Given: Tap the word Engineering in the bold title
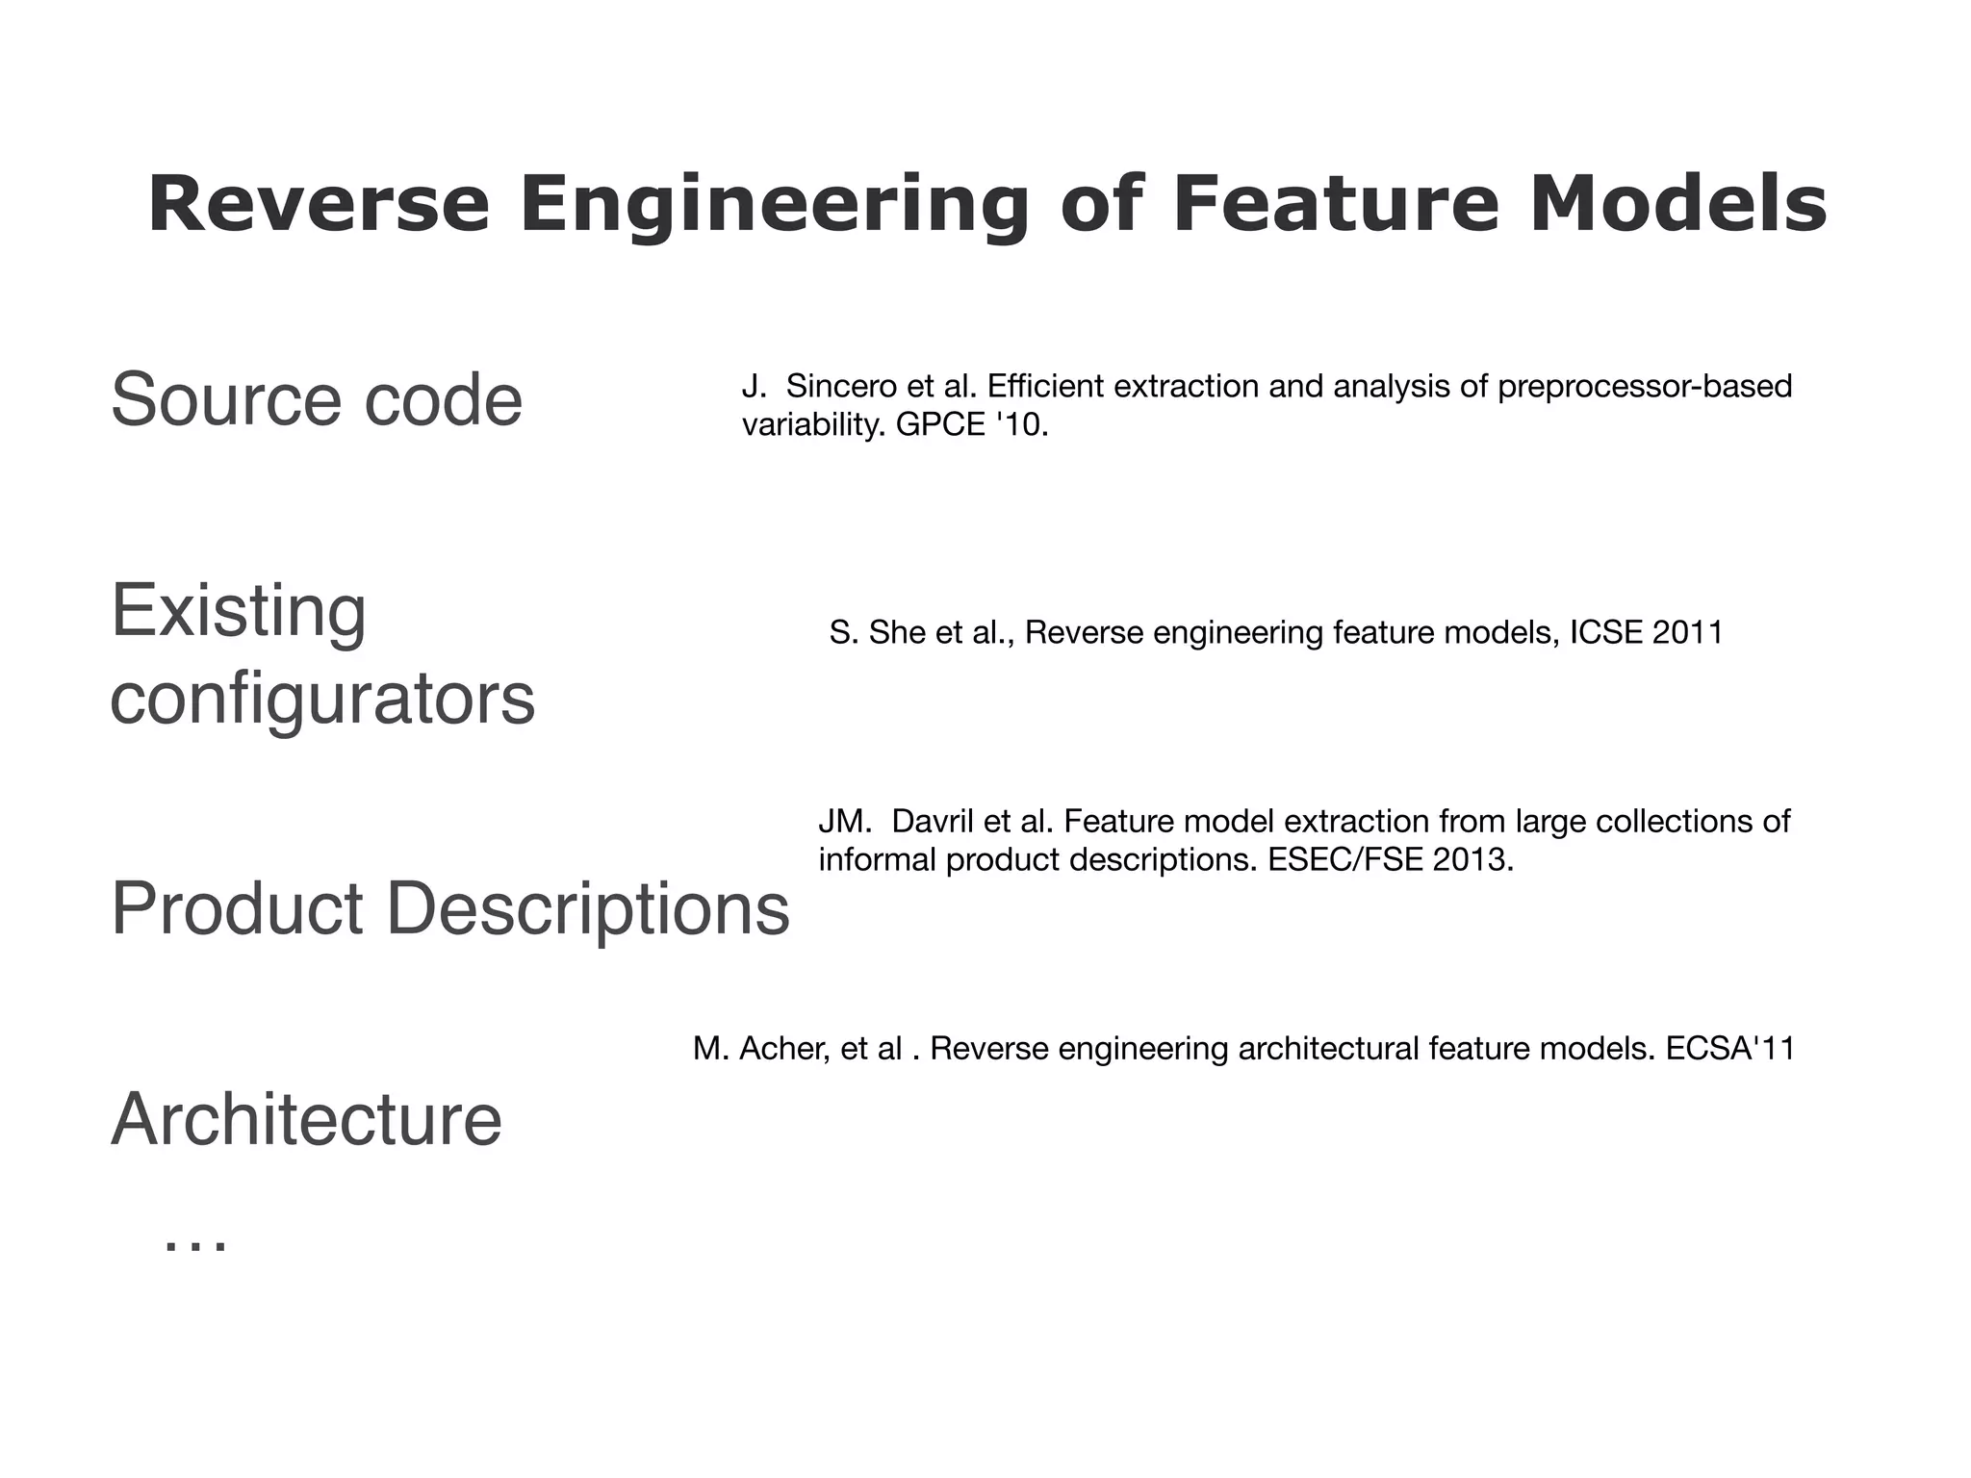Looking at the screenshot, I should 775,207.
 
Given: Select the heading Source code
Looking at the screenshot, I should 317,399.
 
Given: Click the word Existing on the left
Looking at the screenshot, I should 239,611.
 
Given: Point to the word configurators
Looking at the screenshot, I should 322,700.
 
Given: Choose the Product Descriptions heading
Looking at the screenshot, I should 450,908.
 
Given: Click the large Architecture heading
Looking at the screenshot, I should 307,1119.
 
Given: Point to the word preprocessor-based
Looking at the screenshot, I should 1646,387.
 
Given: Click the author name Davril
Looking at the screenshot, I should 933,822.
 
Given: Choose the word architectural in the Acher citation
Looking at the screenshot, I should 1328,1048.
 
